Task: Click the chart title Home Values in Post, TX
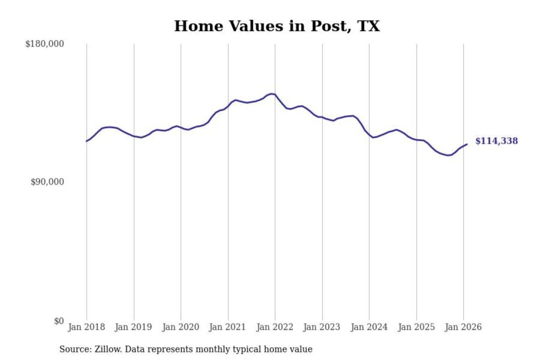coord(277,26)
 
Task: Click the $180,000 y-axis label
coord(45,44)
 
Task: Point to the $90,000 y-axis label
coord(47,182)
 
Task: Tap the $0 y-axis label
coord(59,321)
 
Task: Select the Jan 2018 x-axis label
coord(86,327)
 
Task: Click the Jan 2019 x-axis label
coord(133,327)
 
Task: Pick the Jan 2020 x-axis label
coord(180,327)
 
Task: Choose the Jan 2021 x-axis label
coord(227,327)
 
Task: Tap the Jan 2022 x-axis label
coord(274,327)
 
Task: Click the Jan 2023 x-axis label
coord(321,327)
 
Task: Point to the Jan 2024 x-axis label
coord(369,327)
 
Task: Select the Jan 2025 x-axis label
coord(416,327)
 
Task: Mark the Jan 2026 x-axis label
coord(463,327)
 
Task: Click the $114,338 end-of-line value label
coord(496,141)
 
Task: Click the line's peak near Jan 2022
coord(272,94)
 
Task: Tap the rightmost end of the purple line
coord(467,144)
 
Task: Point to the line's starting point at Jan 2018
coord(87,141)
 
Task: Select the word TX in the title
coord(369,26)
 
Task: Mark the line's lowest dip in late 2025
coord(448,155)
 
